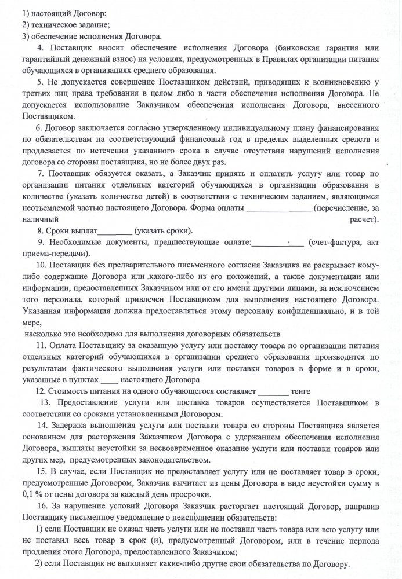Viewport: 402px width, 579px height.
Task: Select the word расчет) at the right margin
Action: click(x=364, y=220)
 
